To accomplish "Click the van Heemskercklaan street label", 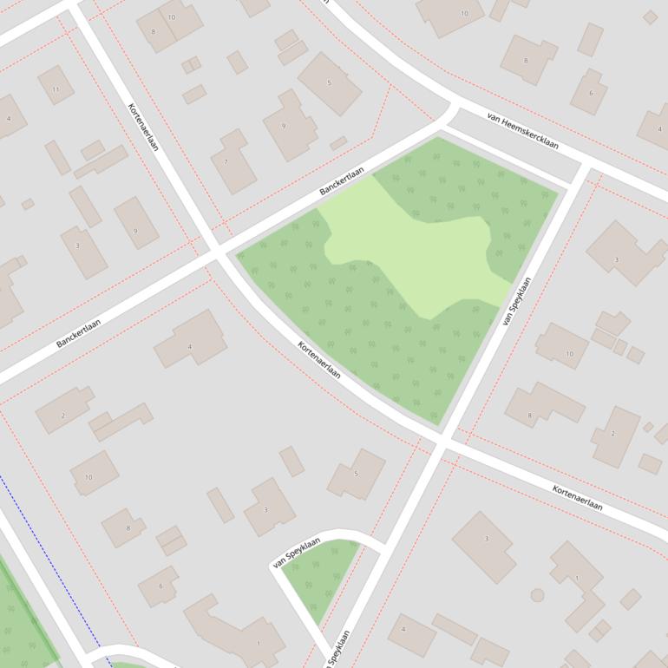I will [522, 130].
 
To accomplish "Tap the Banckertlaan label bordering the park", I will [341, 180].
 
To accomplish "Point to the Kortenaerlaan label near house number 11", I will [143, 127].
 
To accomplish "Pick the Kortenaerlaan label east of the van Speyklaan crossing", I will [578, 497].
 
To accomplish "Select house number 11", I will [56, 89].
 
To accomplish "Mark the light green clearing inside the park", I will [416, 252].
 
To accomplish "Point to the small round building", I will [537, 595].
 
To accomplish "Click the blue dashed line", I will [52, 564].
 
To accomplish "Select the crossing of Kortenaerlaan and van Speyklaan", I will [442, 443].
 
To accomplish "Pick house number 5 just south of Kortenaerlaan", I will [356, 473].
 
